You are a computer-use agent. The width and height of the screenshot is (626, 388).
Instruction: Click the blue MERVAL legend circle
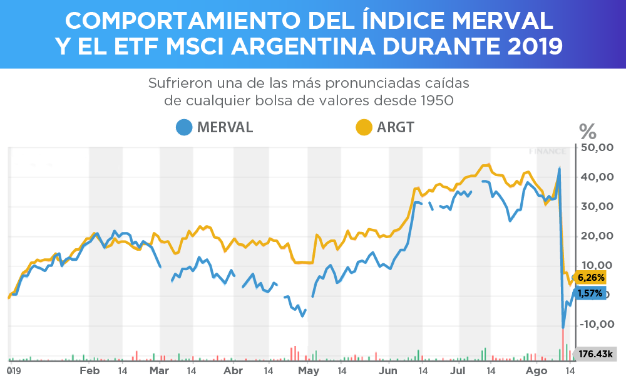pyautogui.click(x=185, y=127)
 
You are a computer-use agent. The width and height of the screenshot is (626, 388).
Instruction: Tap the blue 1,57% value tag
pyautogui.click(x=590, y=293)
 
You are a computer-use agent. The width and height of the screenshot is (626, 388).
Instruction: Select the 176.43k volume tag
pyautogui.click(x=595, y=354)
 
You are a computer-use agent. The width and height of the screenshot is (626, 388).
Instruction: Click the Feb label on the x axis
pyautogui.click(x=90, y=371)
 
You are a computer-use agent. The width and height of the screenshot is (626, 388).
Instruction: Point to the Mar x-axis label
pyautogui.click(x=160, y=371)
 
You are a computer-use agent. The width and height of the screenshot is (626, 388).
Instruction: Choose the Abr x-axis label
pyautogui.click(x=233, y=371)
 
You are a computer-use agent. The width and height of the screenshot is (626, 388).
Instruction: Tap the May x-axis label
pyautogui.click(x=308, y=371)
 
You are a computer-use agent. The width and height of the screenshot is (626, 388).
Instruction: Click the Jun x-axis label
pyautogui.click(x=388, y=371)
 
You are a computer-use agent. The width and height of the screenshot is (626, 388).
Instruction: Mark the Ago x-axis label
pyautogui.click(x=536, y=371)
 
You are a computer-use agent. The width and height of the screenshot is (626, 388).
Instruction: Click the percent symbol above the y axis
pyautogui.click(x=588, y=132)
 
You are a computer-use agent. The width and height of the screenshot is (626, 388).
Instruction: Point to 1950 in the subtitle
pyautogui.click(x=436, y=100)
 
